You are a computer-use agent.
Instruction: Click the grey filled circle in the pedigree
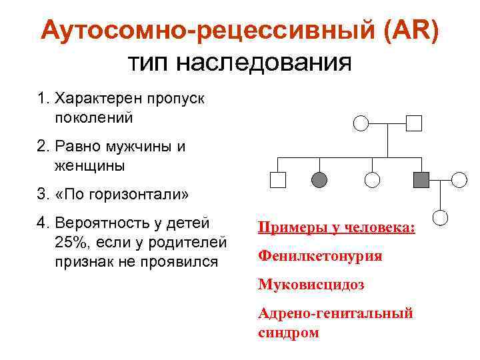(x=320, y=179)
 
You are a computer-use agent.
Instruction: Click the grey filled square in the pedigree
(x=421, y=179)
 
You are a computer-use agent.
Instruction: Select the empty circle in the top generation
(x=361, y=123)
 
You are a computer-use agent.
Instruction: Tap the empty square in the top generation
(x=414, y=123)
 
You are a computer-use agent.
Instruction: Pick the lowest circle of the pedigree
(x=441, y=217)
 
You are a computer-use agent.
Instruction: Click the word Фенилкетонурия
(x=320, y=256)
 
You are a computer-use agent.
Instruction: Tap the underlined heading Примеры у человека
(x=336, y=228)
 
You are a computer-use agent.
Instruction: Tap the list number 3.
(x=42, y=195)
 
